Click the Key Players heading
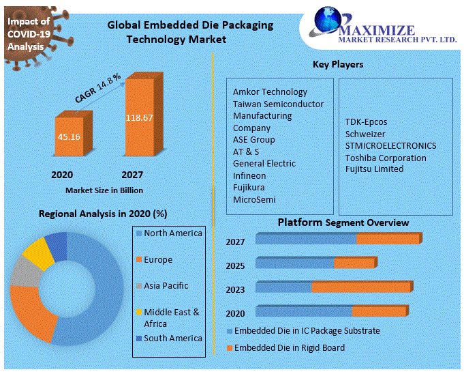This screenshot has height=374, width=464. coord(338,64)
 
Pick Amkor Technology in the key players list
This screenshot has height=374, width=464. coord(270,91)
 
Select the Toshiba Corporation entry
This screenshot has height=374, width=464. coord(386,158)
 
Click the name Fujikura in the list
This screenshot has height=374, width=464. coord(249,187)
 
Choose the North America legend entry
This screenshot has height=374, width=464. coord(173,233)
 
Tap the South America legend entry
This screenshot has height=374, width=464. coord(173,338)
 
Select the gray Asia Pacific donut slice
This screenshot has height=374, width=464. coord(25,272)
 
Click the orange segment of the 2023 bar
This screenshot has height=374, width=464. coord(360,287)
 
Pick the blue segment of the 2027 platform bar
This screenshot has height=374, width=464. coord(306,239)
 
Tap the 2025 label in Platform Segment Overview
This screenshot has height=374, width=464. coord(235,265)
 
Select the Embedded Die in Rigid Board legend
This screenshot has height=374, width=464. coord(290,348)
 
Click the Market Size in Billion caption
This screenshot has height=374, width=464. coord(104,190)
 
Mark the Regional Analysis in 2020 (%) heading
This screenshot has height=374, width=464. coord(102,214)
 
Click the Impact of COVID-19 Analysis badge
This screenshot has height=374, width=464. coord(29,33)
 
